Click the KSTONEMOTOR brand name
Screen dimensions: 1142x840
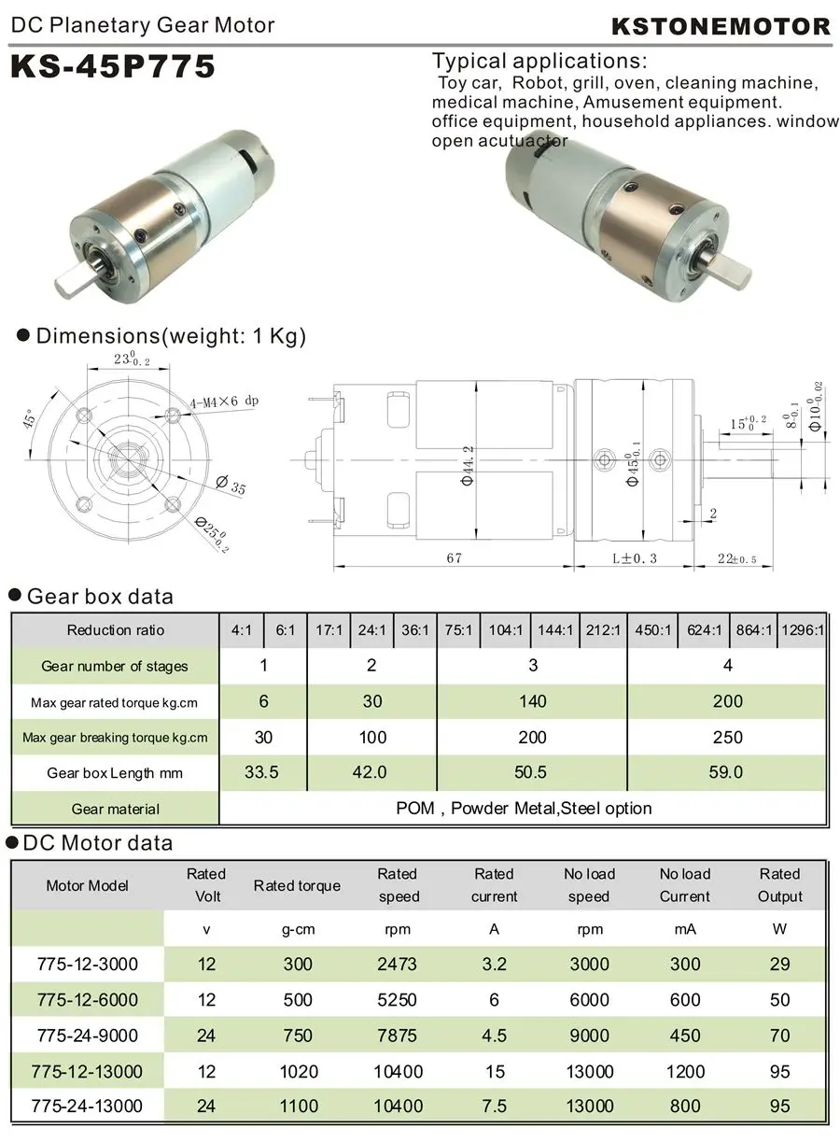[720, 26]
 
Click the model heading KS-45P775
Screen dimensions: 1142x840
[113, 66]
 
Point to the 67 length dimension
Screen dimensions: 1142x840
[454, 557]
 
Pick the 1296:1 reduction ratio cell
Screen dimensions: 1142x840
[803, 630]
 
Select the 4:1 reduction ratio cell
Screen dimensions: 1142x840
[242, 630]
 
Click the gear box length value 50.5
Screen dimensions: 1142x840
[532, 773]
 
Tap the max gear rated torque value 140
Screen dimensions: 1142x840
[532, 701]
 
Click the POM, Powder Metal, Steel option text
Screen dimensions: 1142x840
[523, 809]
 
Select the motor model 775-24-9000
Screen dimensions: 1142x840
[87, 1036]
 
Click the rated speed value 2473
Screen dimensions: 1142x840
[397, 965]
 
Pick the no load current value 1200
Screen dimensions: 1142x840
[685, 1071]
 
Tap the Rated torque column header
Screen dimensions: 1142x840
[297, 885]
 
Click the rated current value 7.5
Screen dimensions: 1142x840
[494, 1107]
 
